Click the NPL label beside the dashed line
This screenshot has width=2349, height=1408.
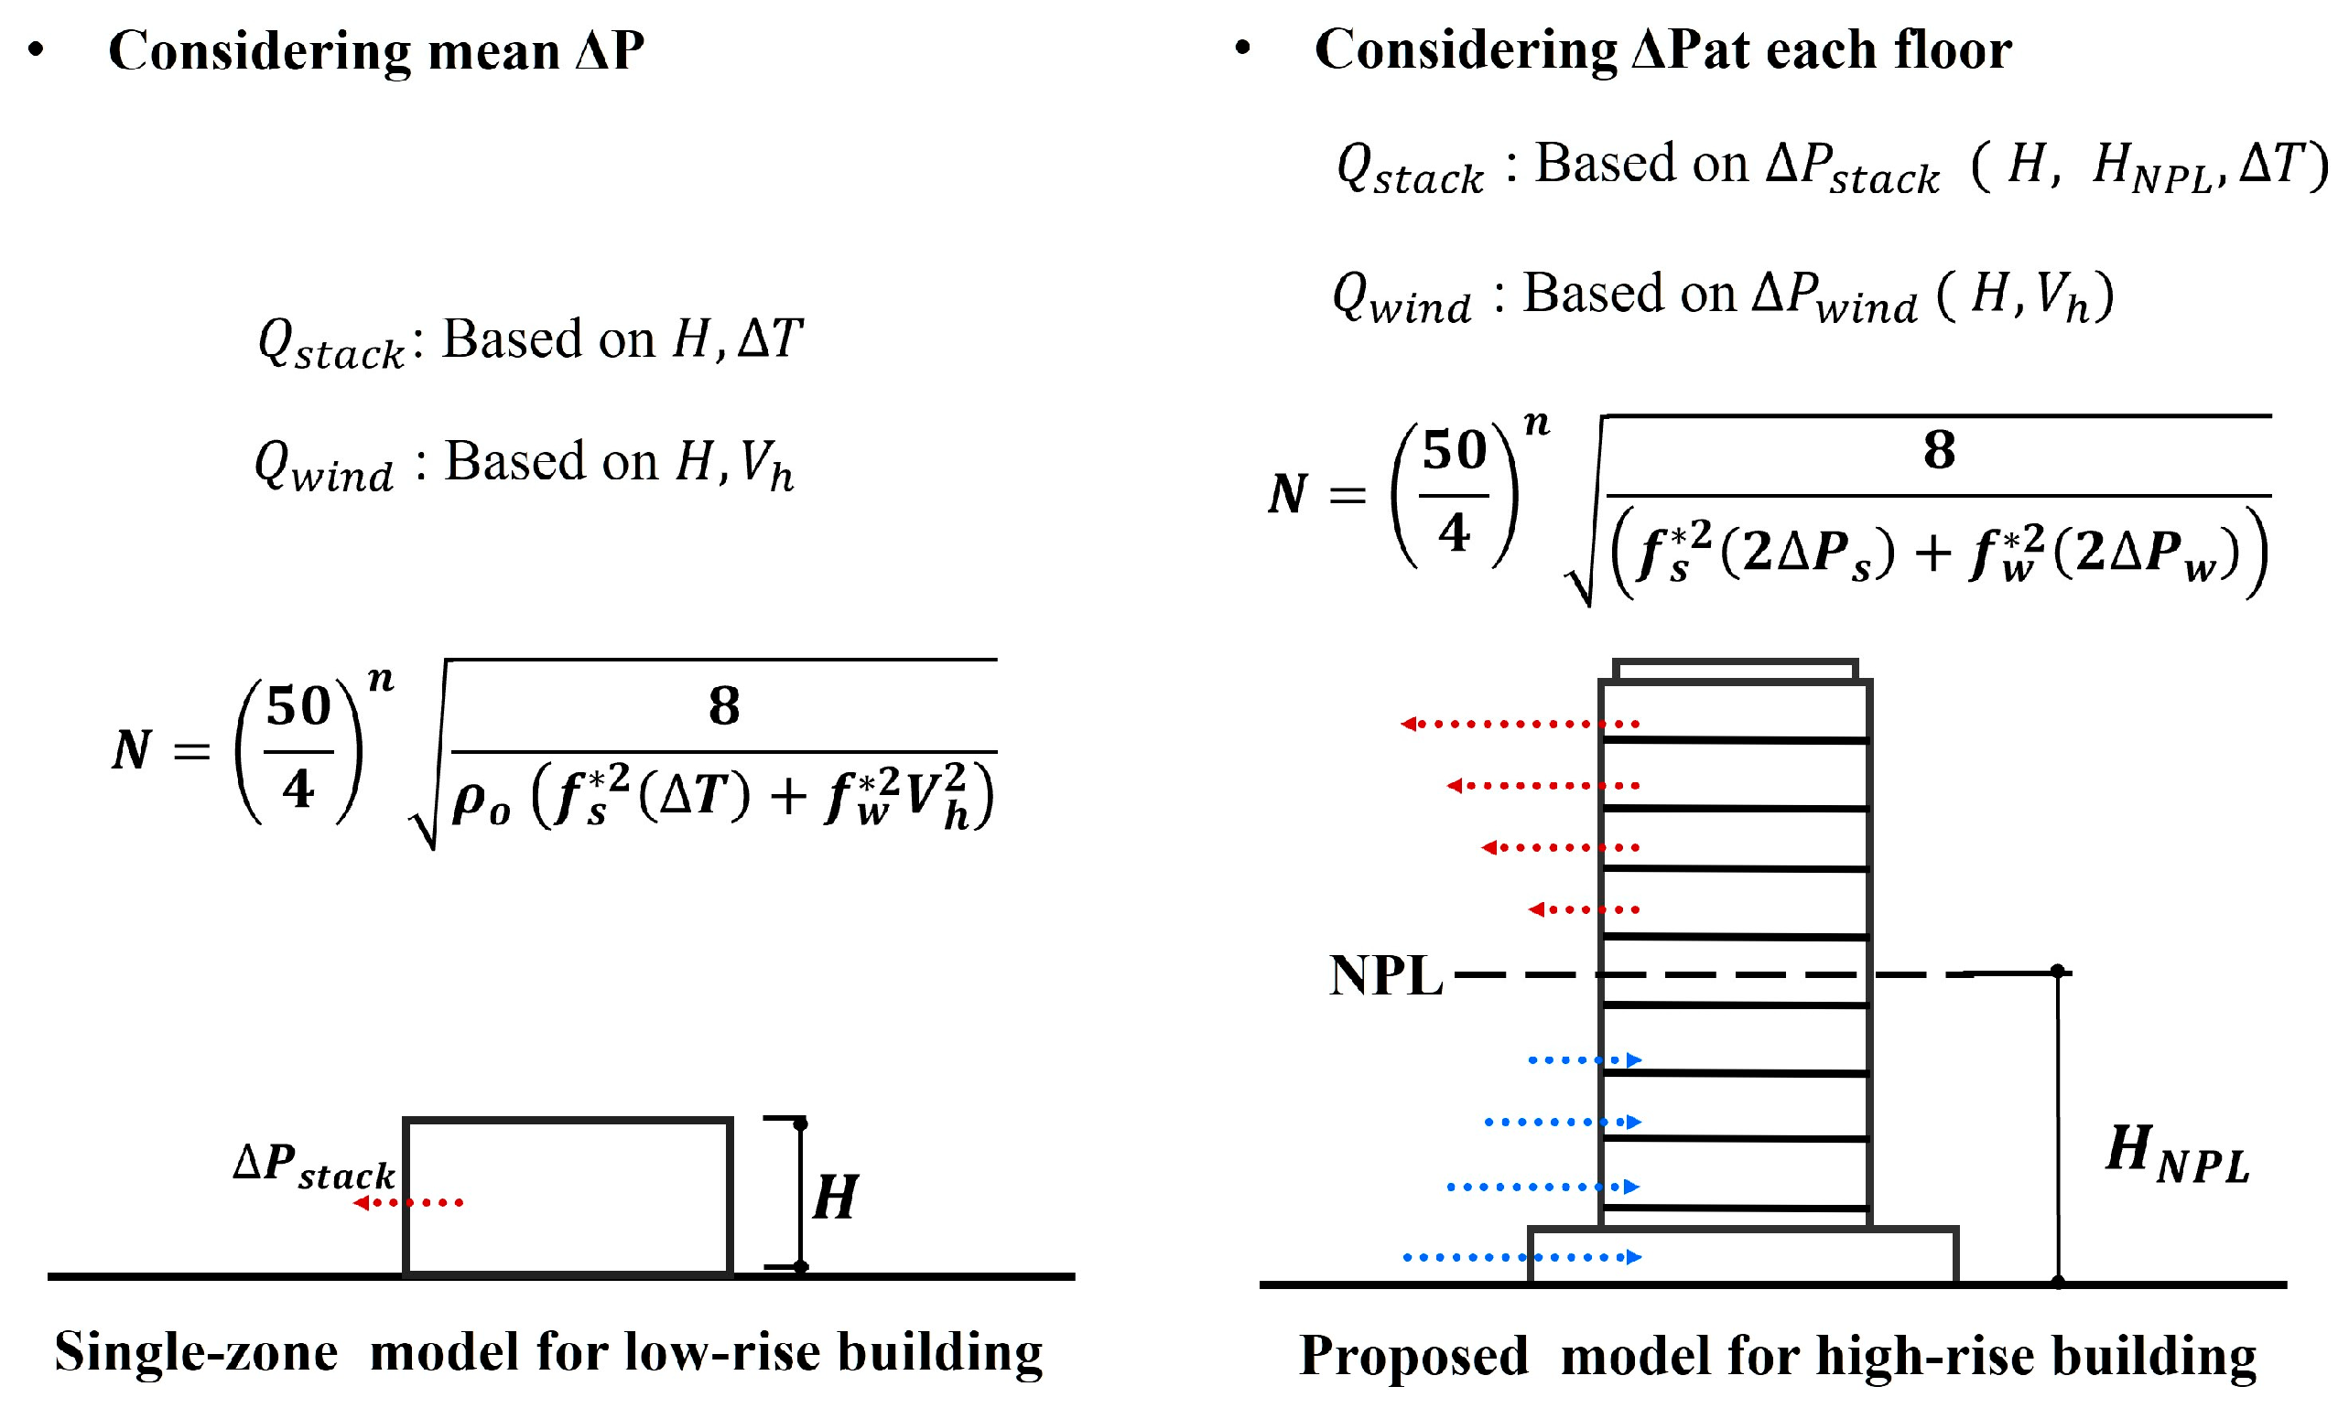click(1385, 975)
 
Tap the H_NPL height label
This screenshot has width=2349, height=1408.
click(2176, 1154)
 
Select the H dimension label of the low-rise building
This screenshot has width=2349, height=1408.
click(835, 1198)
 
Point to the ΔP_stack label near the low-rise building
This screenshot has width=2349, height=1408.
click(313, 1166)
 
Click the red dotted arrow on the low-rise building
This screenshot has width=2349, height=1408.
click(408, 1203)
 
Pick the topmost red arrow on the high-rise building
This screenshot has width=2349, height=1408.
click(1520, 725)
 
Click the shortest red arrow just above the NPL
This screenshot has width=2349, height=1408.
click(1583, 910)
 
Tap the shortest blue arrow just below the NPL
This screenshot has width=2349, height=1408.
click(1584, 1060)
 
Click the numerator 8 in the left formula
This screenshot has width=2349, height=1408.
click(724, 706)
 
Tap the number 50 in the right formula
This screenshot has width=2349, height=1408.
click(1453, 451)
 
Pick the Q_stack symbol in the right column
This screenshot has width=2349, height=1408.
click(1410, 170)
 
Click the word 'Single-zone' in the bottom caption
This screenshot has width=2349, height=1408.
click(196, 1352)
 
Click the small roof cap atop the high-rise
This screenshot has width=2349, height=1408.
click(1734, 670)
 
